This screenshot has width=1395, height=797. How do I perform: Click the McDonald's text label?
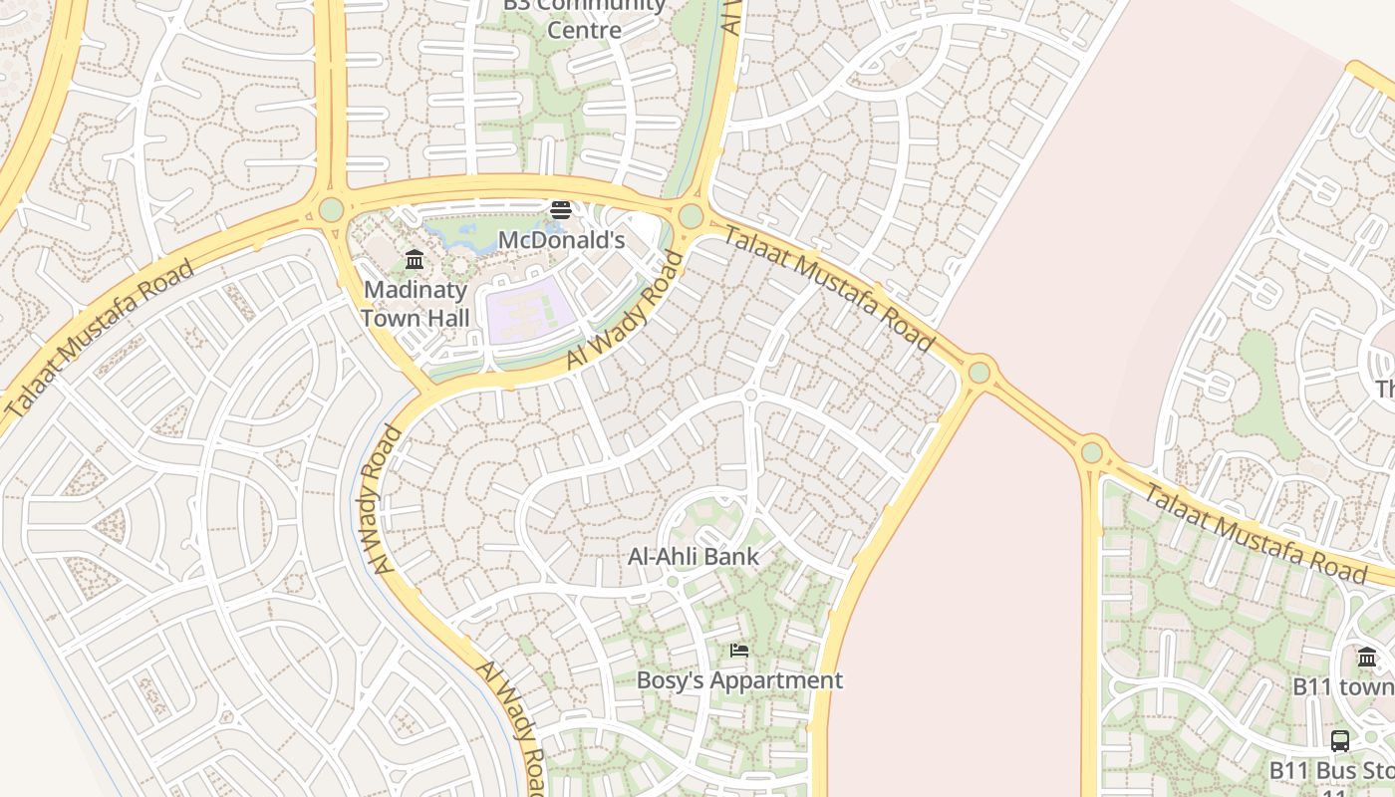[x=561, y=240]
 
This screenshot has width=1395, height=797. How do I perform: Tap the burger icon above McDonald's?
[x=561, y=209]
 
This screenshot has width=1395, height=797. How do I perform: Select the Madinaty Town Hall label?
[x=415, y=304]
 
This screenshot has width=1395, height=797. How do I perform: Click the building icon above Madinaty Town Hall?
[x=415, y=260]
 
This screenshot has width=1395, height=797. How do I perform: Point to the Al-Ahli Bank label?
[x=693, y=557]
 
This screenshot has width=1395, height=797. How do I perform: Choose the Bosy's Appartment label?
[x=739, y=680]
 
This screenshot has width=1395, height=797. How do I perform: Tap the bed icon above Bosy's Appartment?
[x=739, y=651]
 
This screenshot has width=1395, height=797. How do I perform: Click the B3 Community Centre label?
[x=584, y=17]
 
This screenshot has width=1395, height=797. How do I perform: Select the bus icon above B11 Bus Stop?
[x=1340, y=741]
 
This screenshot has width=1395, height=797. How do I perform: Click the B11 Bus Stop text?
[x=1331, y=771]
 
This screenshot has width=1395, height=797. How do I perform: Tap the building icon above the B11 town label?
[x=1367, y=657]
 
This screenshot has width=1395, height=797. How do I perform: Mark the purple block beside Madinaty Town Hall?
[x=529, y=311]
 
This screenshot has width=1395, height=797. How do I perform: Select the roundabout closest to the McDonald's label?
[x=691, y=216]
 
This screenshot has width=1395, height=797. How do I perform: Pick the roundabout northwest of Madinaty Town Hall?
[x=331, y=210]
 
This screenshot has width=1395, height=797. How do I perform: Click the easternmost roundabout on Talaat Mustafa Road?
[x=1092, y=452]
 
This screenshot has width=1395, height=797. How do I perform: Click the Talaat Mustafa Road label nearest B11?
[x=1254, y=533]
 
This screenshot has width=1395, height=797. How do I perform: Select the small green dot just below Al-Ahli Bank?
[x=673, y=582]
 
